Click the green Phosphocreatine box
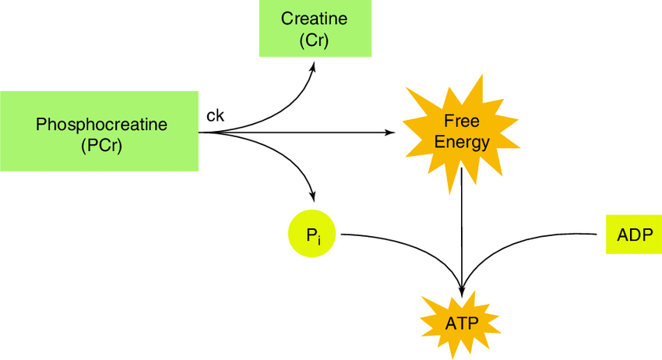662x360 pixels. [x=100, y=131]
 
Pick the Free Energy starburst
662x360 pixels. [x=463, y=131]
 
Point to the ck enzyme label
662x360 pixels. [x=215, y=115]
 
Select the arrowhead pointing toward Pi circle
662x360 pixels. [x=313, y=195]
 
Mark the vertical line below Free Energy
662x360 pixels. [x=463, y=226]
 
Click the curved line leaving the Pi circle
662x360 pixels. [x=389, y=237]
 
